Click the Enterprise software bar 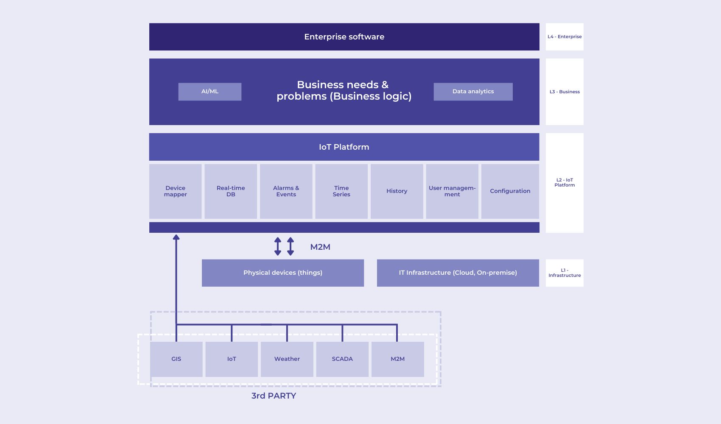[x=344, y=37]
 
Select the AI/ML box [x=210, y=92]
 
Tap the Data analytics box [x=473, y=92]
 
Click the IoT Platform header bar [x=344, y=147]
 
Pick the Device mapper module [x=175, y=191]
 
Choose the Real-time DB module [x=231, y=191]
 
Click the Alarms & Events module [x=286, y=191]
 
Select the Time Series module [x=341, y=191]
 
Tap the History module [x=397, y=191]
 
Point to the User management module [x=452, y=191]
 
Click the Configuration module [x=510, y=191]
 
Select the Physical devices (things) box [x=282, y=273]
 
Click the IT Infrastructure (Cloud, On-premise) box [x=458, y=273]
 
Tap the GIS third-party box [x=176, y=359]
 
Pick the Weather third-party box [x=287, y=359]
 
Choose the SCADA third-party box [x=342, y=359]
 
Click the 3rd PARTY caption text [x=274, y=396]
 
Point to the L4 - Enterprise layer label [x=565, y=37]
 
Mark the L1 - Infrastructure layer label [x=565, y=273]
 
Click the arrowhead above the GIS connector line [x=176, y=237]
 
